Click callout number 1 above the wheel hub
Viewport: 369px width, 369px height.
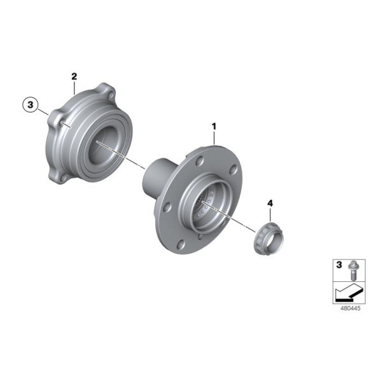coord(214,127)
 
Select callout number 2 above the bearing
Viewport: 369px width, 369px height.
coord(74,77)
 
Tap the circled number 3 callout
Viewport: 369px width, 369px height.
coord(30,104)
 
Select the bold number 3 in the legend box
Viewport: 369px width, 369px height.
coord(338,264)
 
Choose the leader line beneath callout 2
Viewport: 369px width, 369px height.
coord(74,87)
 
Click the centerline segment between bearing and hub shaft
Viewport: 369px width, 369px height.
coord(136,161)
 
